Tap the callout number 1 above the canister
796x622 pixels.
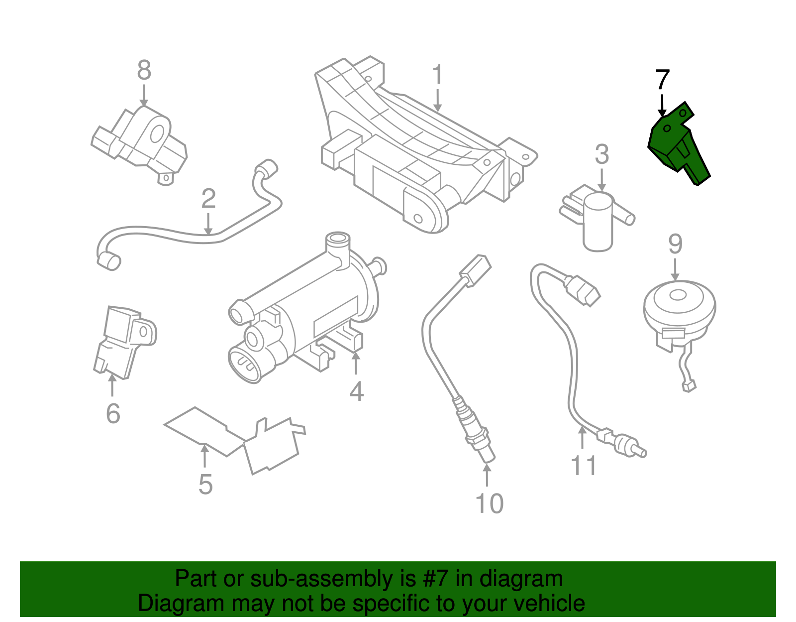(437, 75)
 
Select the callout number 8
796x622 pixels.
(144, 70)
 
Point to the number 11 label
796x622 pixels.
(583, 466)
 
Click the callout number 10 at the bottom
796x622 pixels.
(490, 503)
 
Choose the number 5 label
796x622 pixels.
(205, 484)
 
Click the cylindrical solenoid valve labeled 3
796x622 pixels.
(597, 222)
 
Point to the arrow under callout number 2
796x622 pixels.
(208, 224)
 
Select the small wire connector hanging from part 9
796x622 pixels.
(689, 385)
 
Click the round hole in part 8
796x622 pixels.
(157, 134)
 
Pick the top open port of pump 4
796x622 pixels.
(338, 239)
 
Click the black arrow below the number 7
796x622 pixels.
(662, 104)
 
